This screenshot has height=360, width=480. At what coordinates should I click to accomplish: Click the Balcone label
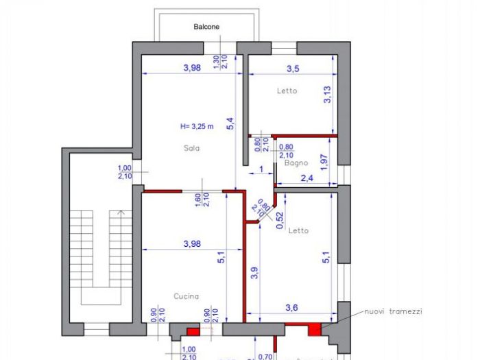[206, 27]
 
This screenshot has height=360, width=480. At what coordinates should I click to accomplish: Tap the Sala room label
[191, 148]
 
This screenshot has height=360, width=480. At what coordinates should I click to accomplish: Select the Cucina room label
[186, 296]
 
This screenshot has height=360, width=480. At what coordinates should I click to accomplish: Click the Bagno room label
[296, 163]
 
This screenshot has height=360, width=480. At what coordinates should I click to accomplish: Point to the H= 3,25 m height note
[197, 126]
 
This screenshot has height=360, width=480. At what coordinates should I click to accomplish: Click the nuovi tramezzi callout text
[393, 311]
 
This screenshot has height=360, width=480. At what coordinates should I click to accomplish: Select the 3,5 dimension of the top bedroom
[293, 68]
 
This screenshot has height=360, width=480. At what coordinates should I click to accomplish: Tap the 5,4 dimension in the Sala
[230, 123]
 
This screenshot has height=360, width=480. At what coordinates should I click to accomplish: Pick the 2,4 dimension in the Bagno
[308, 178]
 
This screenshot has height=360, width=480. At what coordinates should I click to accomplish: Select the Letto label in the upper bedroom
[287, 91]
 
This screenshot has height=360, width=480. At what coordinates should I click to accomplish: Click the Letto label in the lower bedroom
[298, 230]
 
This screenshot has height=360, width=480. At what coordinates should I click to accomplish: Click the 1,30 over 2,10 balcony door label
[220, 62]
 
